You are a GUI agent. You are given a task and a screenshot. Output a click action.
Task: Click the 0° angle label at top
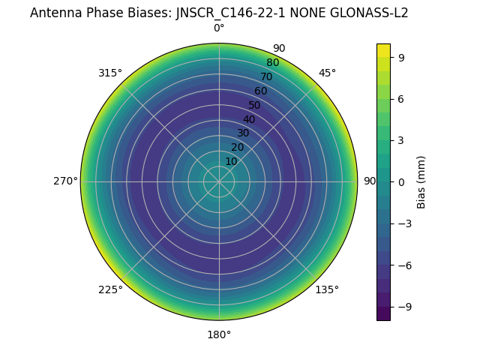219,28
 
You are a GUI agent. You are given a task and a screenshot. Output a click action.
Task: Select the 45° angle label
327,73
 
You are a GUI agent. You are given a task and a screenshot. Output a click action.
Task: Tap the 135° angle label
327,289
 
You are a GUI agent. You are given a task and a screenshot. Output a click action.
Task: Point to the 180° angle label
219,334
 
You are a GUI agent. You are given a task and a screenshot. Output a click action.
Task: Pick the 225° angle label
110,289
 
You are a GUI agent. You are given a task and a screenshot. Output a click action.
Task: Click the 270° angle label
65,181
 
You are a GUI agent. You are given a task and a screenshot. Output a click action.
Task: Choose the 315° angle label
110,73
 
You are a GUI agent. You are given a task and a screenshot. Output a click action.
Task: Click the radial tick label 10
231,162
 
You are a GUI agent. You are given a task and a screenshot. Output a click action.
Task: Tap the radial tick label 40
249,119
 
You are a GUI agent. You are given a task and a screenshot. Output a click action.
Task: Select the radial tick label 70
266,77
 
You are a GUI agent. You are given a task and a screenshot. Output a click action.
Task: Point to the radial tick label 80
272,63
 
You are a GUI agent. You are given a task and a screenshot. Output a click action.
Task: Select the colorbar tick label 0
402,181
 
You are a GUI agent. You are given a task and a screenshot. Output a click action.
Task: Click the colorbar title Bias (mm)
421,181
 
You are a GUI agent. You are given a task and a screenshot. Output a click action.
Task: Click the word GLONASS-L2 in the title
373,13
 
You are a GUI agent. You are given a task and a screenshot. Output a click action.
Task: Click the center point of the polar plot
219,181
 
